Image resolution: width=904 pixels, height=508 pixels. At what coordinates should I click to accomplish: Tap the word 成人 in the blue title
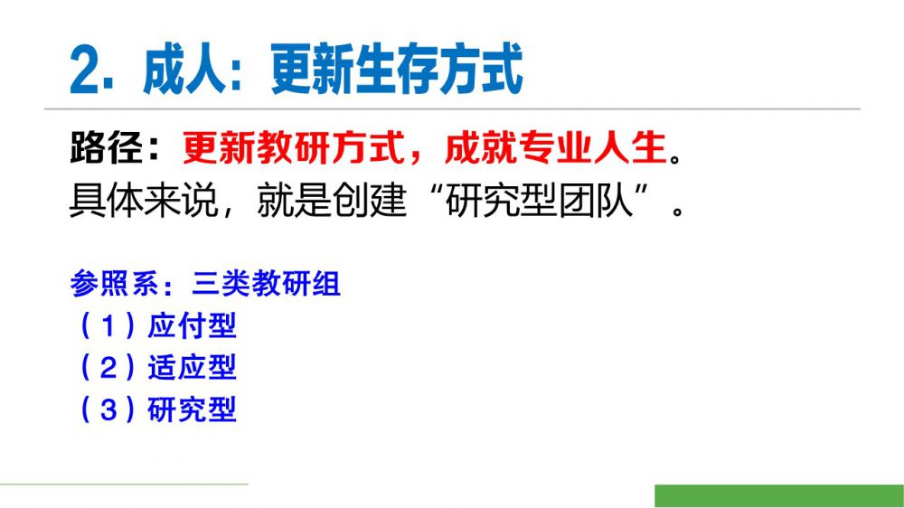pyautogui.click(x=184, y=71)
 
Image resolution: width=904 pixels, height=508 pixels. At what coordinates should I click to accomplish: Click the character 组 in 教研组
pyautogui.click(x=326, y=284)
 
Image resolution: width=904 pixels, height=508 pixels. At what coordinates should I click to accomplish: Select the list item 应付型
pyautogui.click(x=192, y=325)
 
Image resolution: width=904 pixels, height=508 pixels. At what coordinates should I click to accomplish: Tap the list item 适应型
pyautogui.click(x=192, y=368)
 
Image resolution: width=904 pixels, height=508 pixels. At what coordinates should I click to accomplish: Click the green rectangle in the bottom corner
pyautogui.click(x=779, y=496)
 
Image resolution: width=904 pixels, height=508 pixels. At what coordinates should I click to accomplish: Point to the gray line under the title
pyautogui.click(x=452, y=108)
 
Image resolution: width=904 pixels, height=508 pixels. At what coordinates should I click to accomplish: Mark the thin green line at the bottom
pyautogui.click(x=124, y=484)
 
